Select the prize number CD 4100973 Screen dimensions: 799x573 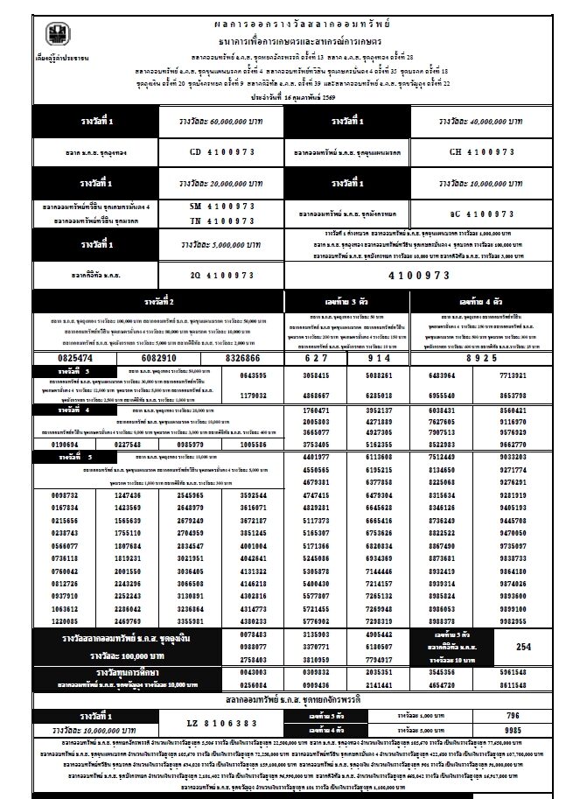pyautogui.click(x=222, y=151)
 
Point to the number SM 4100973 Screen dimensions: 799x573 pyautogui.click(x=222, y=206)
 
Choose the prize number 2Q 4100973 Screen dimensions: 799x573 pyautogui.click(x=222, y=274)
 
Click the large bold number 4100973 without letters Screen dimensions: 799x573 pyautogui.click(x=429, y=274)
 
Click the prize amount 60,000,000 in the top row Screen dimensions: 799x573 pyautogui.click(x=219, y=121)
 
